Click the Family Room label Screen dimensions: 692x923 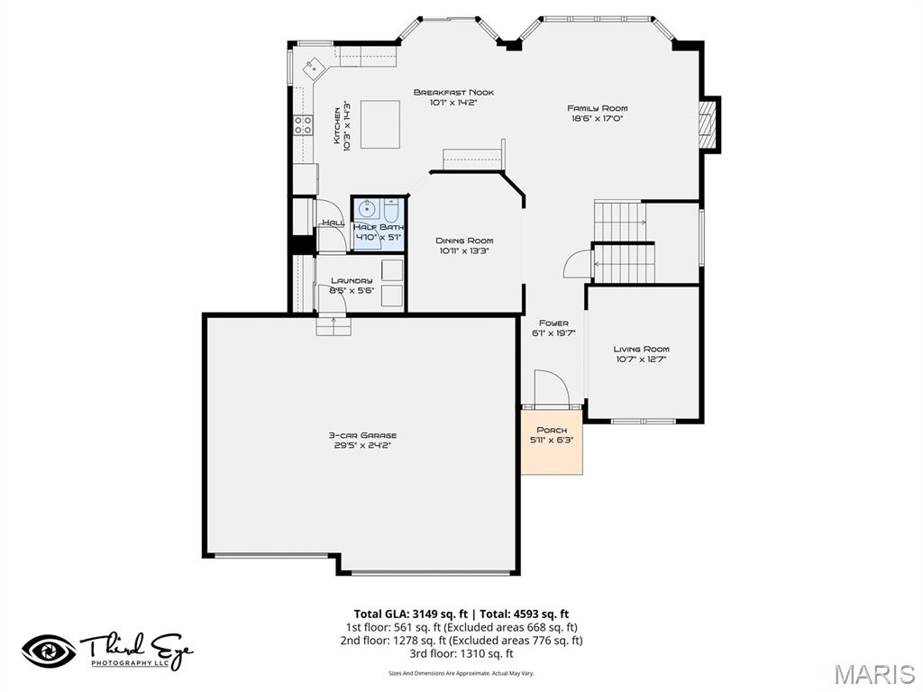tap(598, 108)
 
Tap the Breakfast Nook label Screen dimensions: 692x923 tap(453, 92)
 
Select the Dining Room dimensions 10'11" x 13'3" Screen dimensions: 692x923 tap(464, 251)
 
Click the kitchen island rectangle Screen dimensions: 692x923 tap(380, 123)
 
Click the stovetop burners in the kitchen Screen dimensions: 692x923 tap(303, 125)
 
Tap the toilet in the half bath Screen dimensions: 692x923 tap(390, 212)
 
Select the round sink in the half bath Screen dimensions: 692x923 tap(365, 211)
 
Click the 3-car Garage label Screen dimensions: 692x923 tap(362, 435)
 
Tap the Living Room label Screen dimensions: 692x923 tap(642, 349)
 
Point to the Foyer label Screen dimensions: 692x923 tap(553, 323)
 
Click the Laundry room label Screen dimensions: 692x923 tap(351, 280)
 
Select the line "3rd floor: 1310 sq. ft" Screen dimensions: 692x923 tap(461, 654)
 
